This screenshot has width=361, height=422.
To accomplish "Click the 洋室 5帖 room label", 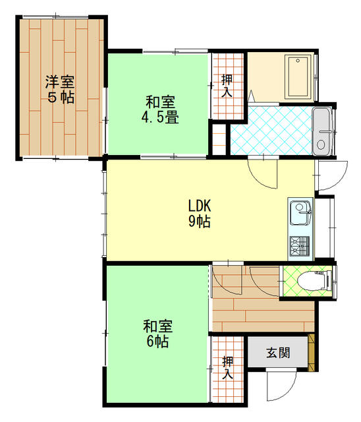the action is point(60,90).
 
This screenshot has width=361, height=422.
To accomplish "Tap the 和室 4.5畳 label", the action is point(160,110).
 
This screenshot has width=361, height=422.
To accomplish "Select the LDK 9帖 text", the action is point(199,214).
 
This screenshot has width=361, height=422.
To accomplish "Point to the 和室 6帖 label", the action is point(158,334).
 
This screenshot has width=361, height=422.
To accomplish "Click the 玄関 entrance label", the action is point(278,353).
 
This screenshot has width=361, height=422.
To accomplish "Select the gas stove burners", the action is point(300,246).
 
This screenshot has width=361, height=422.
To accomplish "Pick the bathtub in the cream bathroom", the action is point(298,76).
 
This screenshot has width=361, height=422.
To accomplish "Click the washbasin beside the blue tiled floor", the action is point(321,132).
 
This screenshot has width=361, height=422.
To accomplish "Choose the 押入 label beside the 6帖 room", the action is point(228,368).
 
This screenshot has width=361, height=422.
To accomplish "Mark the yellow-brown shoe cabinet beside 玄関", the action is point(312,353).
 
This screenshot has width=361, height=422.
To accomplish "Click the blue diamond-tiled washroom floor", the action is point(271,131).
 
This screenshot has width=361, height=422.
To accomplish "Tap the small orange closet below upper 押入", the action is point(219,140).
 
